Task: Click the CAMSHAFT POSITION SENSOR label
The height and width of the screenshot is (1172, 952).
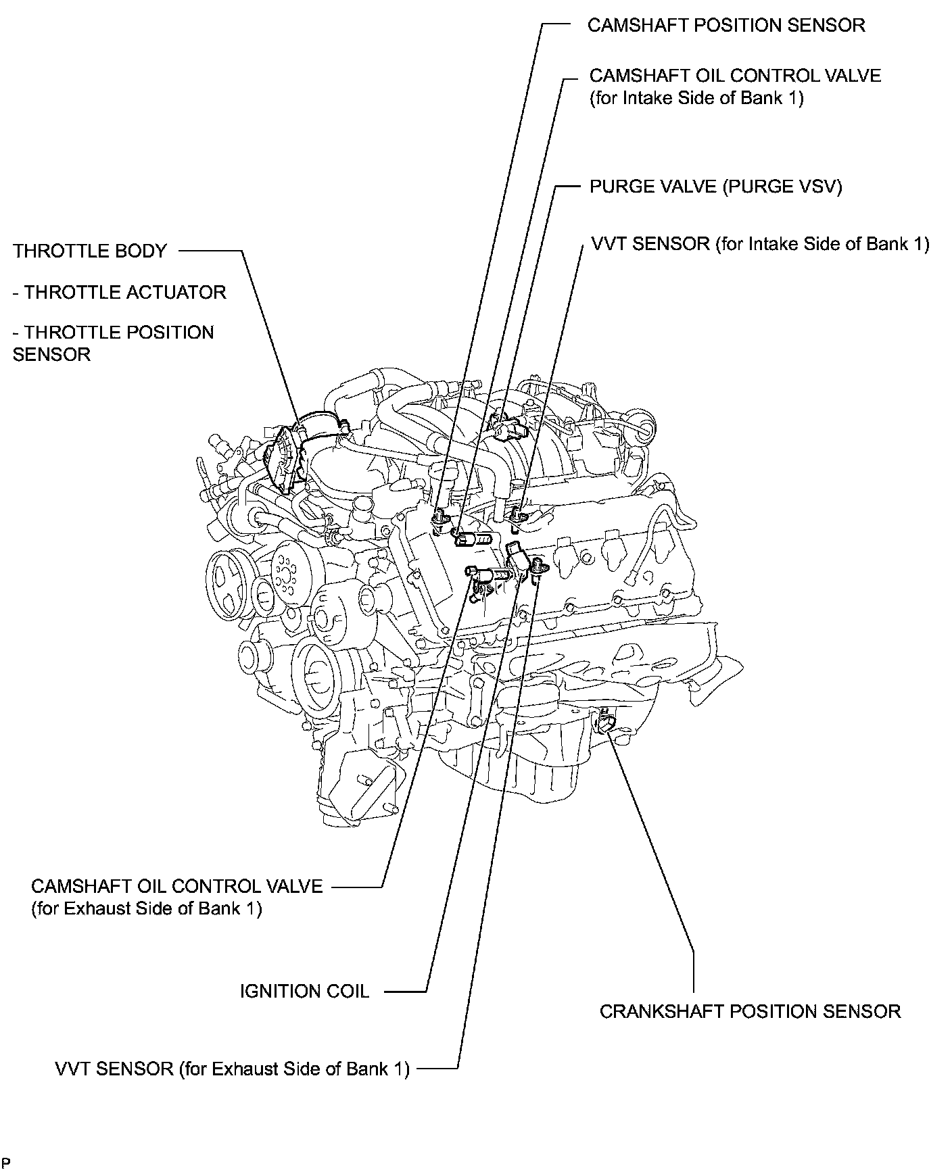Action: pyautogui.click(x=725, y=26)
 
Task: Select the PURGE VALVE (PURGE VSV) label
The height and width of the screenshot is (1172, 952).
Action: pyautogui.click(x=715, y=187)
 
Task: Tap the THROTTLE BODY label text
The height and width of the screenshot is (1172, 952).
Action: pyautogui.click(x=89, y=251)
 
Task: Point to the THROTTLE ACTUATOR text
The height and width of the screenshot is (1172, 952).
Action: pyautogui.click(x=120, y=293)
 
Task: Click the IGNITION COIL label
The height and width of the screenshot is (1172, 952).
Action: pyautogui.click(x=304, y=992)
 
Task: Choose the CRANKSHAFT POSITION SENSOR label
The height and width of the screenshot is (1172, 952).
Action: pyautogui.click(x=750, y=1012)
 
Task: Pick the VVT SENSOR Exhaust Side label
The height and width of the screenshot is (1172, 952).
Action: pyautogui.click(x=232, y=1069)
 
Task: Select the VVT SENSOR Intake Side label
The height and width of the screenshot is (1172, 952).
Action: pyautogui.click(x=760, y=244)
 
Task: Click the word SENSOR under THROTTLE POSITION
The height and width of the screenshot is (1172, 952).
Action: pyautogui.click(x=51, y=355)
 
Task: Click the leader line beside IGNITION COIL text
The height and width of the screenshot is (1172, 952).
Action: pyautogui.click(x=406, y=992)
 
